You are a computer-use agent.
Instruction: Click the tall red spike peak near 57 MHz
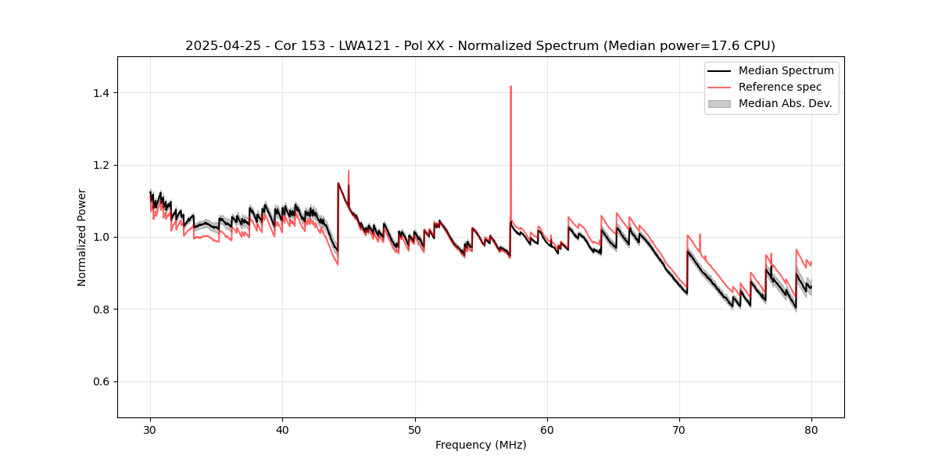click(510, 87)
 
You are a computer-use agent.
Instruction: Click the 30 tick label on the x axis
click(151, 430)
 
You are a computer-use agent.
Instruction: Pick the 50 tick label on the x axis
click(415, 430)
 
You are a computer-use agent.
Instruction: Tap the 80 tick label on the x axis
click(811, 430)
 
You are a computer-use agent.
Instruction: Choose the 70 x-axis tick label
click(679, 430)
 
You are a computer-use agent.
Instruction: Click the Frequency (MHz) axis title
click(481, 445)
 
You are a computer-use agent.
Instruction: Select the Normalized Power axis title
click(82, 237)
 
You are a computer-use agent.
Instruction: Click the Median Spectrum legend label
click(786, 70)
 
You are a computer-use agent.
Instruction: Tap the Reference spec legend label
click(780, 87)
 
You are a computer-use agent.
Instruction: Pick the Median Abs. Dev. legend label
click(786, 103)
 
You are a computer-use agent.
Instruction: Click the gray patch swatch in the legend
click(719, 103)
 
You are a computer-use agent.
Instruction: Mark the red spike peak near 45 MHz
click(349, 170)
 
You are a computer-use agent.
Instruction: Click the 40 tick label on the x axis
click(283, 430)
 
